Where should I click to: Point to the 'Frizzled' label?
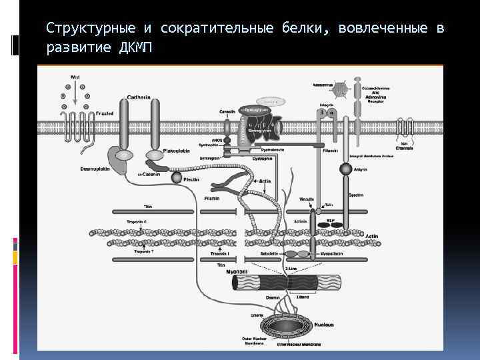pyautogui.click(x=105, y=114)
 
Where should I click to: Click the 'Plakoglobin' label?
pyautogui.click(x=177, y=151)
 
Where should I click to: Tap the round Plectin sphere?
pyautogui.click(x=176, y=178)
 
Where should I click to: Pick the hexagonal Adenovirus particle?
pyautogui.click(x=341, y=89)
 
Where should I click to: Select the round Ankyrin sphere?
pyautogui.click(x=346, y=169)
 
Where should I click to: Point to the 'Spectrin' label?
pyautogui.click(x=356, y=195)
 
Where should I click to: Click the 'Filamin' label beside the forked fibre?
pyautogui.click(x=212, y=198)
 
